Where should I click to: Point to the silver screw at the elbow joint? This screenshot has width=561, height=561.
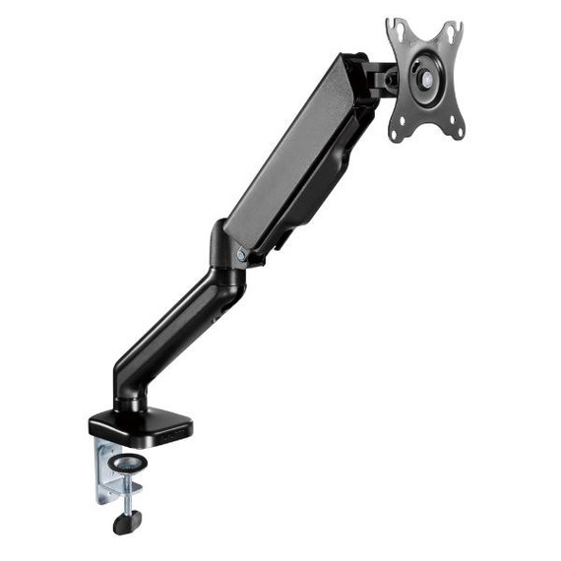(242, 254)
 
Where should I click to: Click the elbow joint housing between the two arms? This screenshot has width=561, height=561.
(224, 258)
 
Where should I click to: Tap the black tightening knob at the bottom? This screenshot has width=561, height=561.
(127, 523)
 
